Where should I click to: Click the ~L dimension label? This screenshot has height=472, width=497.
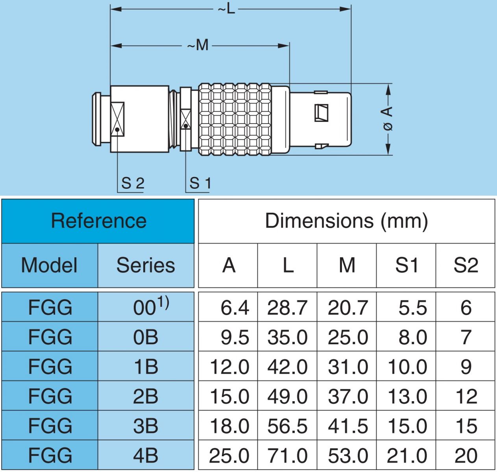pyautogui.click(x=227, y=9)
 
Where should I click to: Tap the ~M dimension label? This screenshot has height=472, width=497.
pyautogui.click(x=198, y=46)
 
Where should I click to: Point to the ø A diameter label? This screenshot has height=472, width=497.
pyautogui.click(x=388, y=118)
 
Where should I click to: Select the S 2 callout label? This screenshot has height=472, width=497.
pyautogui.click(x=133, y=183)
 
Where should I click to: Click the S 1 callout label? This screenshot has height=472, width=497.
pyautogui.click(x=200, y=183)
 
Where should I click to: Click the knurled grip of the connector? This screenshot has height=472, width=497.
pyautogui.click(x=235, y=119)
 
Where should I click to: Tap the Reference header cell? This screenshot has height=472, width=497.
pyautogui.click(x=98, y=221)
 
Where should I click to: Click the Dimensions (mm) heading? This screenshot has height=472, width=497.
pyautogui.click(x=346, y=221)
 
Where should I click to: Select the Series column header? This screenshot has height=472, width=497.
pyautogui.click(x=146, y=265)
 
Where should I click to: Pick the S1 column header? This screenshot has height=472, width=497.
pyautogui.click(x=406, y=265)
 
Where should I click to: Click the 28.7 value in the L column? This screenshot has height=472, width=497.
pyautogui.click(x=287, y=308)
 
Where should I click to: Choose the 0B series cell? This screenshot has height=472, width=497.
pyautogui.click(x=146, y=337)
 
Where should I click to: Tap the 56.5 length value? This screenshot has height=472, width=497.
pyautogui.click(x=287, y=426)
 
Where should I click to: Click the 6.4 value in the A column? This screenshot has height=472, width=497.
pyautogui.click(x=235, y=308)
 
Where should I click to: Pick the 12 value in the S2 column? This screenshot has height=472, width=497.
pyautogui.click(x=466, y=396)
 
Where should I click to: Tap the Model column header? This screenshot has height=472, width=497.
pyautogui.click(x=50, y=265)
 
